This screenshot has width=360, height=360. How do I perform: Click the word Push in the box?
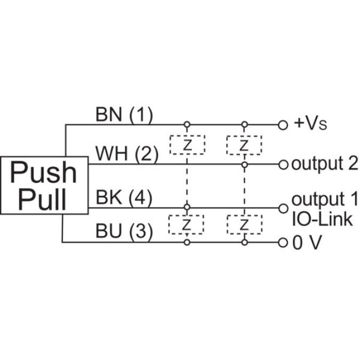(x=44, y=173)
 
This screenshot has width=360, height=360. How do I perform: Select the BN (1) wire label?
(x=124, y=114)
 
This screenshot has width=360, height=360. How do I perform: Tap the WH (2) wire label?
(x=127, y=154)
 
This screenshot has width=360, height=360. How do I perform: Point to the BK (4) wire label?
(x=124, y=197)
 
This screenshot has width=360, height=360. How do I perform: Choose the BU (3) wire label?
(x=124, y=231)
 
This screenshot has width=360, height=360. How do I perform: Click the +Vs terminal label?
(x=310, y=124)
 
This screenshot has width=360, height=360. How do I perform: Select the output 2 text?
(x=324, y=164)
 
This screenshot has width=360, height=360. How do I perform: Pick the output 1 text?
(x=324, y=199)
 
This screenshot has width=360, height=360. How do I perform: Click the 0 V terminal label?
(x=307, y=243)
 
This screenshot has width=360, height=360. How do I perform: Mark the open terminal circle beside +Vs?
(x=283, y=125)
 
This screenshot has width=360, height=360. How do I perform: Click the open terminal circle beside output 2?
(x=283, y=164)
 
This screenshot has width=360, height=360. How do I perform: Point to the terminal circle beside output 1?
(x=283, y=207)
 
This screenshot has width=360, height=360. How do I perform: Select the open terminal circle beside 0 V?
(x=283, y=243)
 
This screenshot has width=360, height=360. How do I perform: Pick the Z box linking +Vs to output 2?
(x=244, y=145)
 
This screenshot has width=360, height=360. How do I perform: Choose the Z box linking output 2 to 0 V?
(x=244, y=225)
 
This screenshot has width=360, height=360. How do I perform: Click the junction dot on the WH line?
(x=244, y=165)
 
